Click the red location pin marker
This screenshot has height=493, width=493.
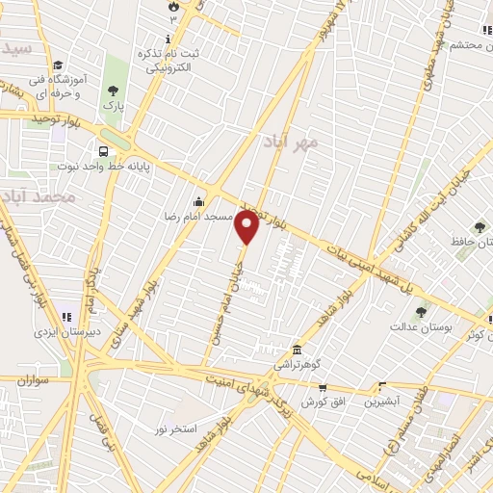click(247, 227)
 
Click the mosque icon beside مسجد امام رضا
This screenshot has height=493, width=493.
click(198, 201)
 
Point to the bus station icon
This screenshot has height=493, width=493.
click(103, 150)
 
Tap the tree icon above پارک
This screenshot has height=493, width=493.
click(114, 90)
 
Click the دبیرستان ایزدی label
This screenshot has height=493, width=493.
click(66, 331)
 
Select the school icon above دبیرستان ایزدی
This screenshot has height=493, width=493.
click(66, 315)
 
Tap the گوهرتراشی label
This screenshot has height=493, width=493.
click(295, 367)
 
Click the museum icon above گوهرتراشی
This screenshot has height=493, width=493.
click(296, 350)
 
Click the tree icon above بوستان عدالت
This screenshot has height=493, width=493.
click(421, 312)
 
